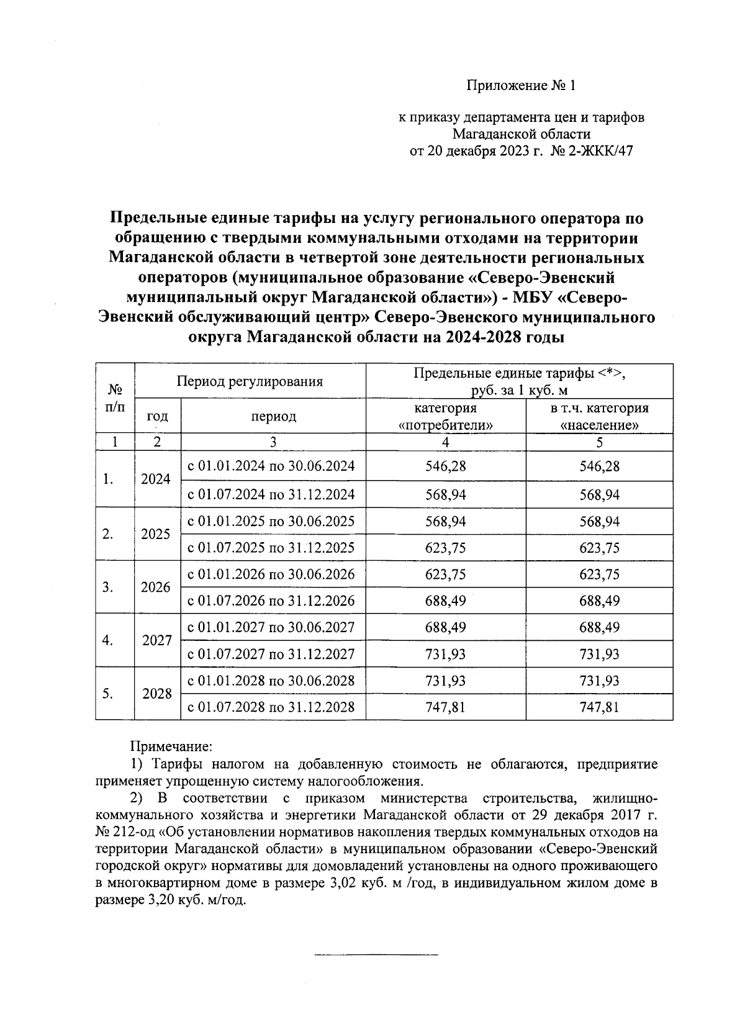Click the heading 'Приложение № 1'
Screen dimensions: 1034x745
[x=521, y=86]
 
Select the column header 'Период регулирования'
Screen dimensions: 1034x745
[x=250, y=381]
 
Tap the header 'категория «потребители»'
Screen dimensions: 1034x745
[x=445, y=417]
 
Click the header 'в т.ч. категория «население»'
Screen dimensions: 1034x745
[x=599, y=417]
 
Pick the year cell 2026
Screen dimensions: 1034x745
[x=156, y=587]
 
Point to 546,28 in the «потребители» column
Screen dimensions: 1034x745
[x=445, y=466]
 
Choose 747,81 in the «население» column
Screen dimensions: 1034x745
[x=599, y=707]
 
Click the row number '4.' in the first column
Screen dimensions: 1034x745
[x=108, y=640]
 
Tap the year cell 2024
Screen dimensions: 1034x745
[x=156, y=479]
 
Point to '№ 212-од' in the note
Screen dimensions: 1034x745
[x=124, y=832]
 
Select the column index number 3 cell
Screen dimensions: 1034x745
[x=273, y=442]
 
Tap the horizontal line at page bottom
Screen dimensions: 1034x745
[x=376, y=953]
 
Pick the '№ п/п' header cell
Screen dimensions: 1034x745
[x=115, y=398]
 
